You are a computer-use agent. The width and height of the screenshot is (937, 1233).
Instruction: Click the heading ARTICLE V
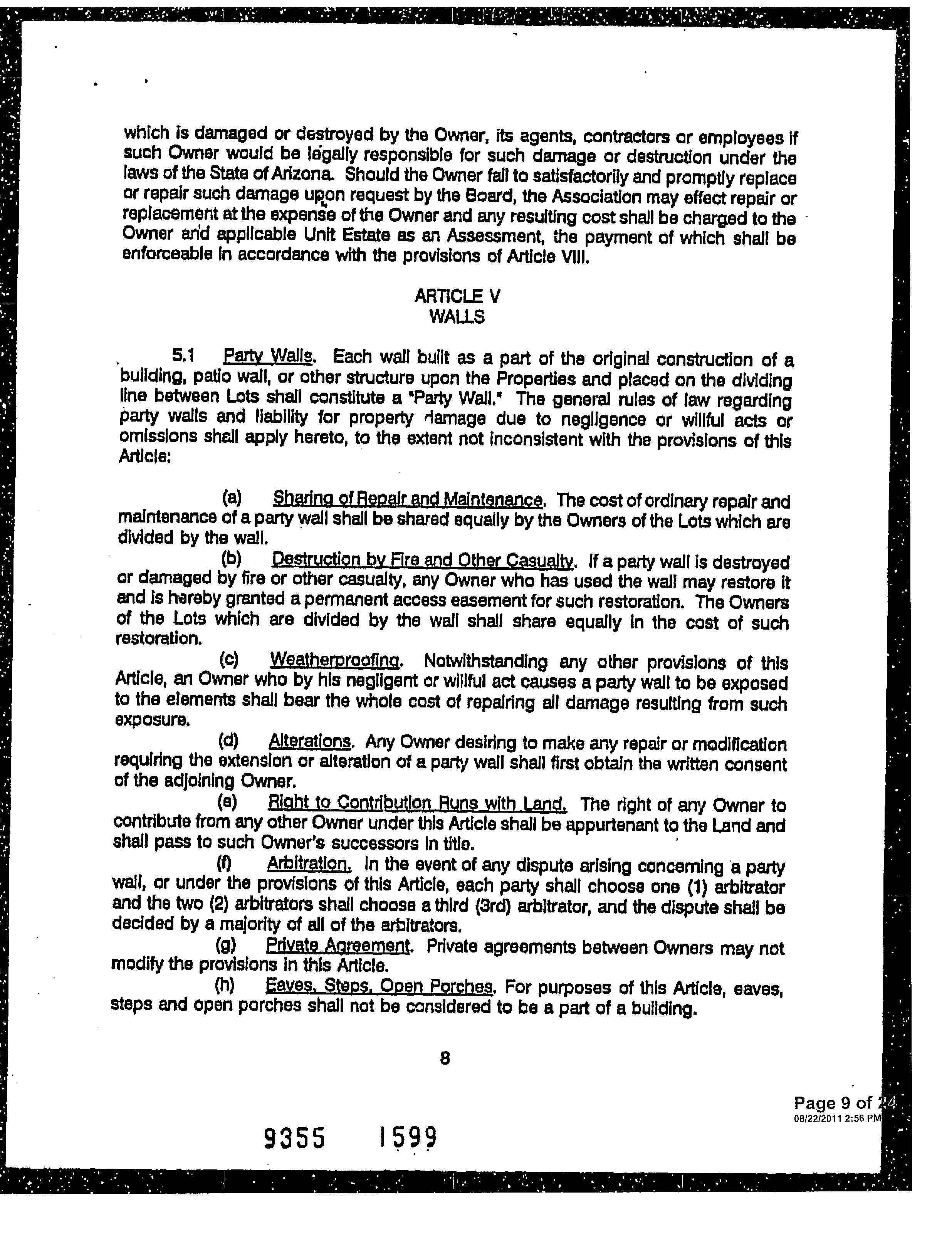[x=457, y=296]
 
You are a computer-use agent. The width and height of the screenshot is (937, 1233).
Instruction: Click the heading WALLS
[x=457, y=317]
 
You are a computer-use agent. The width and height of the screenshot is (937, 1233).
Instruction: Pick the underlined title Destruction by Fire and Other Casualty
[x=422, y=559]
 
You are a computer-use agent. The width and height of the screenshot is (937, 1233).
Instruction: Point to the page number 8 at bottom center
[x=445, y=1058]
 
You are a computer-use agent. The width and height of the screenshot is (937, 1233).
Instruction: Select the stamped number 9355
[x=294, y=1138]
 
